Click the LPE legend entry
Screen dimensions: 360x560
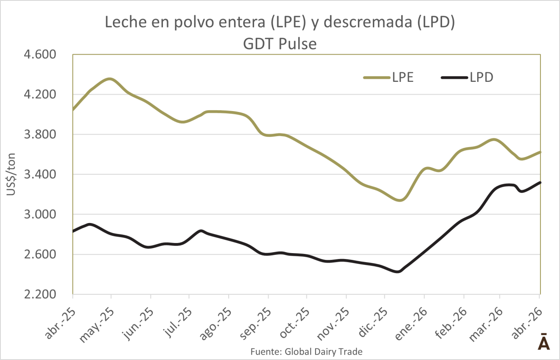coord(389,77)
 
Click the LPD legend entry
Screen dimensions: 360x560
coord(467,77)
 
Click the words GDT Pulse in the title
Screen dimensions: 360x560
coord(280,44)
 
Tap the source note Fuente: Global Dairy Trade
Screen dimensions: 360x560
coord(306,352)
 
